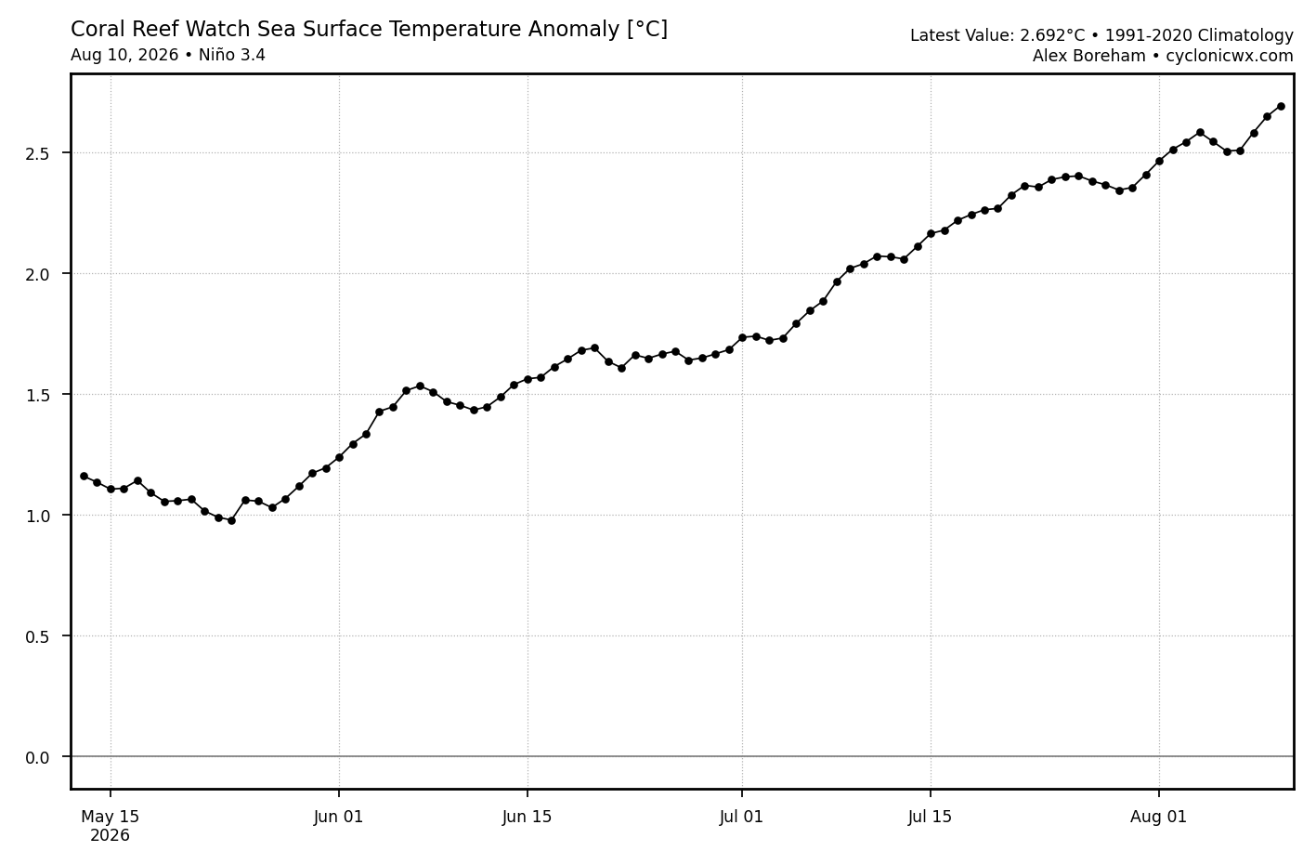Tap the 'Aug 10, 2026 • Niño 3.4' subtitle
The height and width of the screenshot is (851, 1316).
168,55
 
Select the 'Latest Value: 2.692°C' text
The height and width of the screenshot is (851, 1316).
997,35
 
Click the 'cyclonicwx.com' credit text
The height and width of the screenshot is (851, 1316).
1230,56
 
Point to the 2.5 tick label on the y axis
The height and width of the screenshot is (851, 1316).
37,153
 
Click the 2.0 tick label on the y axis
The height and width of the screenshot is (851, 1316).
37,274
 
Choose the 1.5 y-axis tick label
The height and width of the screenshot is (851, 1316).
37,395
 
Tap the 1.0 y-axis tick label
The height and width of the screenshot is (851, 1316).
37,516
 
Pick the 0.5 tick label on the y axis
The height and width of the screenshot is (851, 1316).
37,637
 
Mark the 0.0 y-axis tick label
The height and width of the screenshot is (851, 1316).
37,758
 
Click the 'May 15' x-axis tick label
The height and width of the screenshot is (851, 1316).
110,817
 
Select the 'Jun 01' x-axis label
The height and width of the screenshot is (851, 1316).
338,817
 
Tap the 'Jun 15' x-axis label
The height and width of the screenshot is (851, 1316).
527,817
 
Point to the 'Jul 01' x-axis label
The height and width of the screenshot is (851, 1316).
741,817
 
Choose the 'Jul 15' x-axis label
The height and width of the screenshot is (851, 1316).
930,817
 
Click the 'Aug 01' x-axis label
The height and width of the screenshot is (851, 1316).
1158,817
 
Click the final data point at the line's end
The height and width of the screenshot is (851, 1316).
1281,106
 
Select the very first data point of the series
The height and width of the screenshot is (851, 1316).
84,476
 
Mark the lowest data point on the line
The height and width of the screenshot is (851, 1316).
231,520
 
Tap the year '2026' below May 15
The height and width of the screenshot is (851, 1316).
110,836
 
